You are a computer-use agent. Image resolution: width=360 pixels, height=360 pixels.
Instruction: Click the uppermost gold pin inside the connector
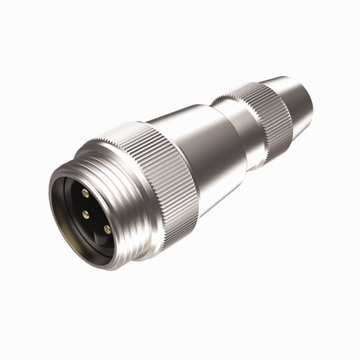click(85, 191)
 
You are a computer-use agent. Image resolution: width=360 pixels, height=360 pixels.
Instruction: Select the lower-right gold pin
click(107, 229)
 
